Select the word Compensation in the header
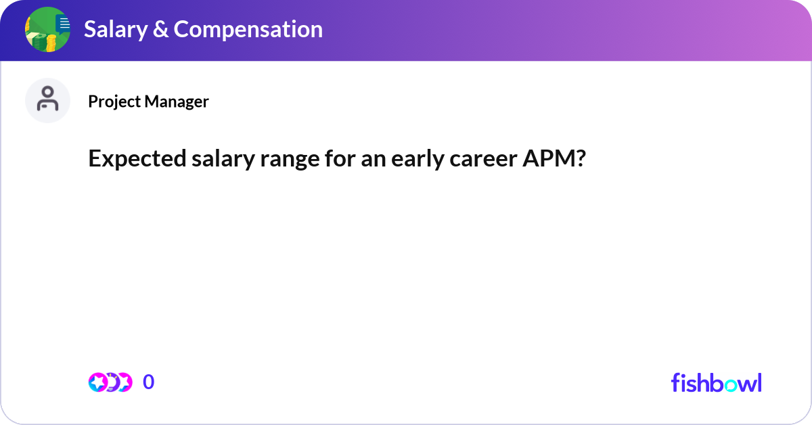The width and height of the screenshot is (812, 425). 248,29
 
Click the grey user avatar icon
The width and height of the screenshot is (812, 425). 47,100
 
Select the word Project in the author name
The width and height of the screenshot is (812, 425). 112,102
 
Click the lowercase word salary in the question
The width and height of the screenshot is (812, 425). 198,159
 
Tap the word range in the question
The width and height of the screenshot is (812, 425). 258,159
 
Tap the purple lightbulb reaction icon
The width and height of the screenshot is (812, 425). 112,382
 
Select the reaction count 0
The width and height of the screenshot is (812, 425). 149,382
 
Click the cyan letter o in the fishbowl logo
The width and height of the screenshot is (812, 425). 731,383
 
